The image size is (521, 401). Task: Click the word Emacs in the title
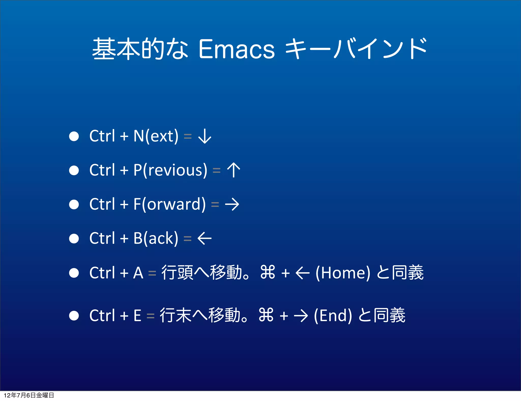point(236,49)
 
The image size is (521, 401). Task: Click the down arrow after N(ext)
point(205,136)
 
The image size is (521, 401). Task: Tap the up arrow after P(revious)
point(234,170)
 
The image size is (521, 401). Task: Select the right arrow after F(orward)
point(232,204)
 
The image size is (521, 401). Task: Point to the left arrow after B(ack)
point(205,238)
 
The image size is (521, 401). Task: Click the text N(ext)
point(156,136)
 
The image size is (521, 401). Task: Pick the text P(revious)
point(170,170)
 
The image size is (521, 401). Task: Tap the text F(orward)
point(169,204)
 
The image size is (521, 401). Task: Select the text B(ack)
point(156,238)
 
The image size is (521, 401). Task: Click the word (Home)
point(343,273)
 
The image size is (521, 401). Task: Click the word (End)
point(333,316)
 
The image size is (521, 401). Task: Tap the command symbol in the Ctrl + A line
point(268,272)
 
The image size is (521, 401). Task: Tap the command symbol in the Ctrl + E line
point(266,315)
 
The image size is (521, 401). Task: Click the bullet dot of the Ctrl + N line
point(74,136)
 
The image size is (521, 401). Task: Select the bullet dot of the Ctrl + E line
point(74,316)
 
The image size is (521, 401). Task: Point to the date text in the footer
point(29,395)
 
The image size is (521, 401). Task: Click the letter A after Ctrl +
point(138,273)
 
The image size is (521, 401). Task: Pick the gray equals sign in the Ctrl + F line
point(215,204)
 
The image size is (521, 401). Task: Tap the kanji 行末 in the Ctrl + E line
point(175,316)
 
